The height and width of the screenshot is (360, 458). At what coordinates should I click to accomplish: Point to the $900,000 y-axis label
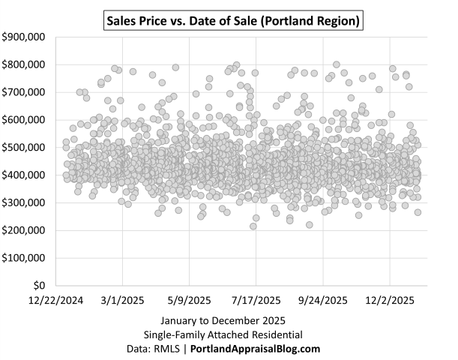coord(25,37)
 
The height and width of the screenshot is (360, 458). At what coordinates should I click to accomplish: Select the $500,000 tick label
coord(25,148)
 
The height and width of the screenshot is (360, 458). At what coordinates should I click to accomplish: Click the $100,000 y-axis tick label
coord(25,258)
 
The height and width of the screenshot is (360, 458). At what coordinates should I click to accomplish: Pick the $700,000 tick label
coord(25,92)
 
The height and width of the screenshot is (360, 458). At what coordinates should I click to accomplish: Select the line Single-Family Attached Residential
coord(223,335)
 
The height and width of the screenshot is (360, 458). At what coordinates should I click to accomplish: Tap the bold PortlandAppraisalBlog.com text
coord(255,349)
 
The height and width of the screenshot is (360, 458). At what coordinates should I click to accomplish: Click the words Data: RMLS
coord(153,349)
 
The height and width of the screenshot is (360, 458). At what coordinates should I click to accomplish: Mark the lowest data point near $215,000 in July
coord(253,226)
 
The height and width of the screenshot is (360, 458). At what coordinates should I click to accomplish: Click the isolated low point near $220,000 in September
coord(309,224)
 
